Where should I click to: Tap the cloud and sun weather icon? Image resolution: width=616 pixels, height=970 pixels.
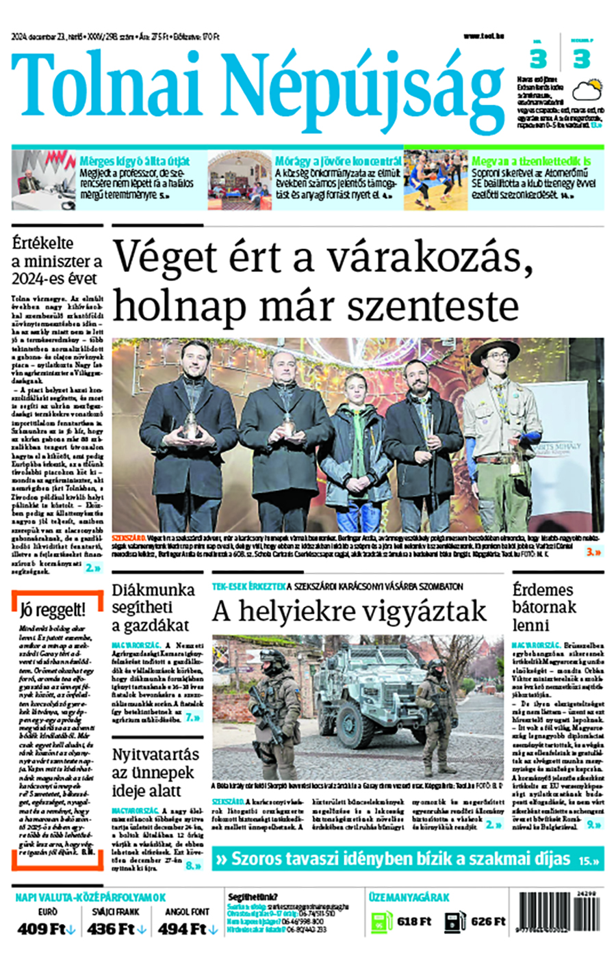tap(587, 91)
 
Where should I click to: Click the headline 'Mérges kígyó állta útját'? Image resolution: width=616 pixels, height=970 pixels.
tap(135, 162)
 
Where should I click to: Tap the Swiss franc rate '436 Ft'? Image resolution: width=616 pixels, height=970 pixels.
tap(116, 929)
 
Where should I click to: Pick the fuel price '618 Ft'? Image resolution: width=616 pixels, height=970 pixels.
tap(414, 921)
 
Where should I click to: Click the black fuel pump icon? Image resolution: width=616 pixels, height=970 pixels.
tap(454, 921)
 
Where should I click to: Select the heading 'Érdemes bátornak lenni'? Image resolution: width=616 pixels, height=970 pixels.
tap(545, 607)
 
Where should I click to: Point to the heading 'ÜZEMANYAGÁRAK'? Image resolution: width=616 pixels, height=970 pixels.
tap(409, 898)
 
